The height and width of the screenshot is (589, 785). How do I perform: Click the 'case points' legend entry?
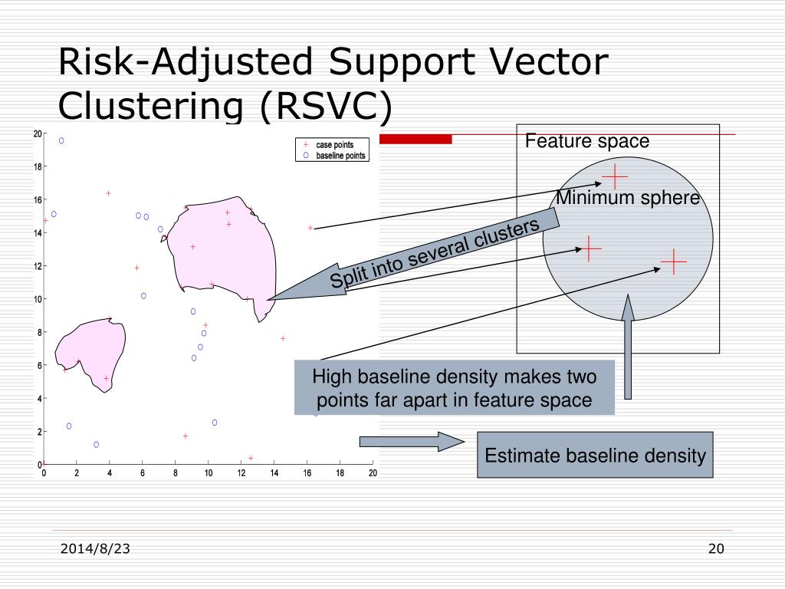click(334, 144)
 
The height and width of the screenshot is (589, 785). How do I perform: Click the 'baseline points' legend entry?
click(340, 155)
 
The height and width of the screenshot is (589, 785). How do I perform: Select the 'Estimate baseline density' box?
click(595, 456)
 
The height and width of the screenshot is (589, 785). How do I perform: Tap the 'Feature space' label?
click(586, 142)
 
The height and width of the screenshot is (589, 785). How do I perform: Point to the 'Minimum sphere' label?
click(628, 199)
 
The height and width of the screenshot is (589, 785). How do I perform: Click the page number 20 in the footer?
click(716, 548)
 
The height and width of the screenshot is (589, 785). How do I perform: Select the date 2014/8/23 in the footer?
click(95, 549)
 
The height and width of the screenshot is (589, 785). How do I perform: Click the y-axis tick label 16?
click(37, 199)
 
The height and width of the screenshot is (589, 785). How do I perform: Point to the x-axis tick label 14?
click(274, 473)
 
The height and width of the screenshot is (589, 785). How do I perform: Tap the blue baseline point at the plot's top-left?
click(61, 140)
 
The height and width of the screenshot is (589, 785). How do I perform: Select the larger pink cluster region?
click(222, 253)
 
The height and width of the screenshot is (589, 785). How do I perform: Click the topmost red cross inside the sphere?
click(614, 176)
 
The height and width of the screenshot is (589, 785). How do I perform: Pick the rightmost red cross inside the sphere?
click(673, 262)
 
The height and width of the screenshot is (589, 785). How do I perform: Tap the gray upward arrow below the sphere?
click(628, 349)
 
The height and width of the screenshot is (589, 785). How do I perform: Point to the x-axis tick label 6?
click(143, 473)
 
